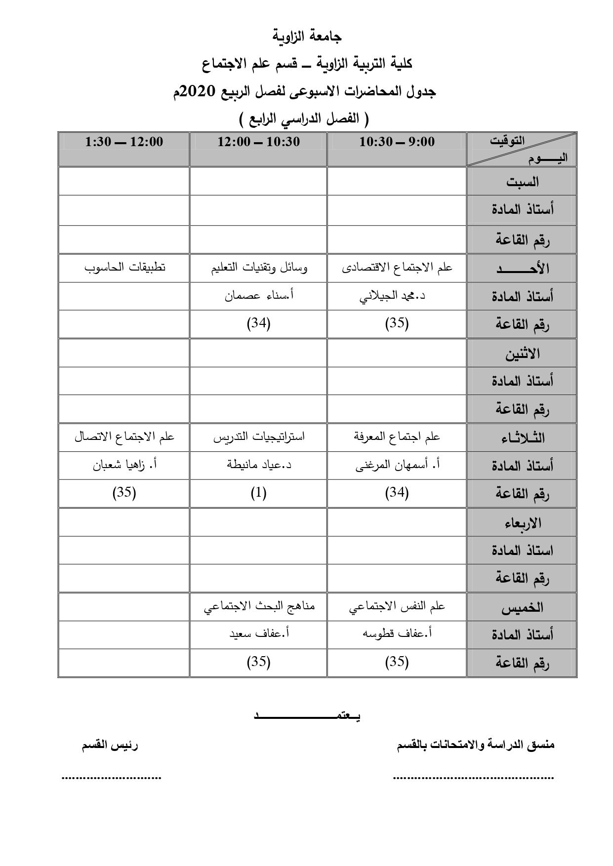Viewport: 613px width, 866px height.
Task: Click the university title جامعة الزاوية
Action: click(x=307, y=37)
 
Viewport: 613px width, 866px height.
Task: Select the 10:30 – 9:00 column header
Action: click(x=397, y=142)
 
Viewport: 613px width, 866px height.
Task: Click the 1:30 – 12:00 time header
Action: click(x=124, y=142)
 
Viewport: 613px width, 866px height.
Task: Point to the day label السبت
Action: click(x=522, y=182)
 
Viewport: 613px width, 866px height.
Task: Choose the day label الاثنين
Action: click(x=522, y=354)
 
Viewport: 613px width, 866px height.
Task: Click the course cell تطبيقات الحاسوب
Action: click(x=124, y=268)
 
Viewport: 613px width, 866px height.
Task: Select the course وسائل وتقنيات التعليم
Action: click(x=258, y=268)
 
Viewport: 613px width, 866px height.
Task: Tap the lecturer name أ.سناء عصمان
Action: click(x=259, y=296)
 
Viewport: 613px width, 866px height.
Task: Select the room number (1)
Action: click(x=258, y=493)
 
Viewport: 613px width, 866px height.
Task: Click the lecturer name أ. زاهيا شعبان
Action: click(x=125, y=465)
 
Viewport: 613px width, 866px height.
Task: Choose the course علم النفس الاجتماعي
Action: click(x=397, y=607)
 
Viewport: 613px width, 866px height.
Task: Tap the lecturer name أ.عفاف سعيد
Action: click(x=259, y=634)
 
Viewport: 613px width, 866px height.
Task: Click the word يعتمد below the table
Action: click(x=307, y=715)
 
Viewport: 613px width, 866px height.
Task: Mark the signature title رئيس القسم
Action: click(x=110, y=746)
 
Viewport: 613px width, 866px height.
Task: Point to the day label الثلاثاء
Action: click(x=522, y=437)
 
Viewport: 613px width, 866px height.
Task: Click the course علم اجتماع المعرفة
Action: click(x=397, y=437)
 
